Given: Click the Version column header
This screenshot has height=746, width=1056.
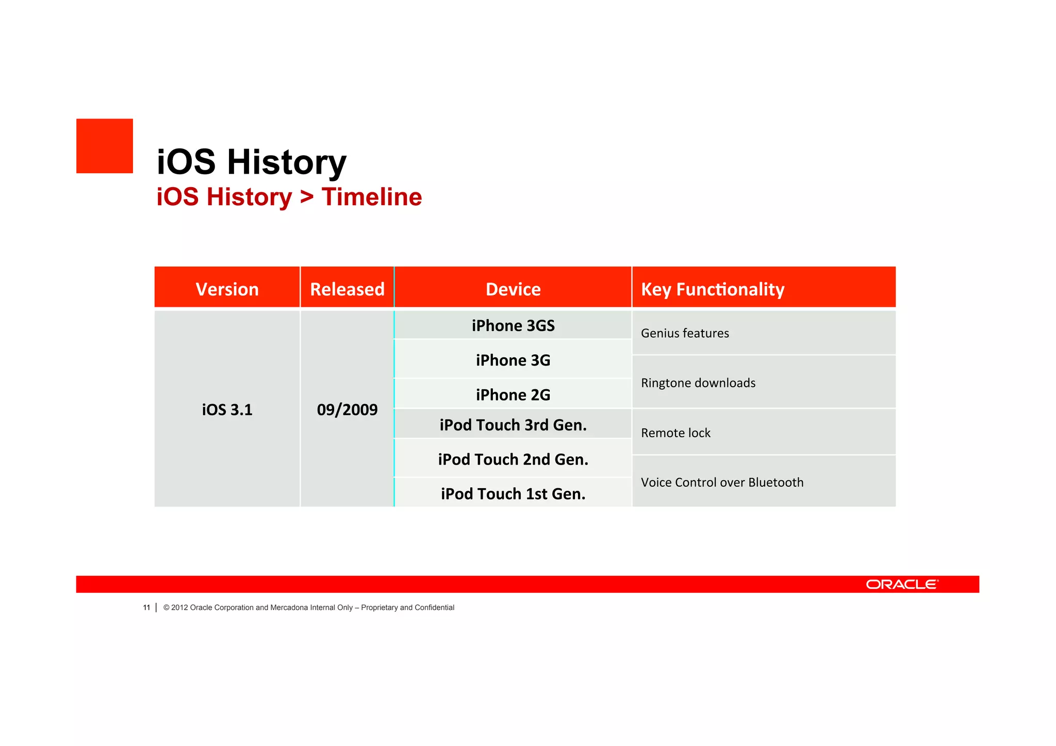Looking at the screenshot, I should (x=227, y=289).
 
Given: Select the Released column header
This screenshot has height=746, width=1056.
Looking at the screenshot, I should (x=347, y=289).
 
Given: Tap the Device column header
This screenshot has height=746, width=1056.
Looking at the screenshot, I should (x=513, y=289).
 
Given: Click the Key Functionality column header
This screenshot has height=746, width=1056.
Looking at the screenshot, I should (x=712, y=289).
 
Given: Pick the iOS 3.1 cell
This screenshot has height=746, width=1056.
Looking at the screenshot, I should (x=227, y=409).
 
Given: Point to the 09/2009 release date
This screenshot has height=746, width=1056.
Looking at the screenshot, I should (x=347, y=409).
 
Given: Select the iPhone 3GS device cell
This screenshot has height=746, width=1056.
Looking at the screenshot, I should (x=513, y=325).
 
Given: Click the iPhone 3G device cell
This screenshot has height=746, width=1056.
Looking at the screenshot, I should (x=513, y=360).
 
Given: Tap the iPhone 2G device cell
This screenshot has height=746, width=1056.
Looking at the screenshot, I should (x=513, y=394).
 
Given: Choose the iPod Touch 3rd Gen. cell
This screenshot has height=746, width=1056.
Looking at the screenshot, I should (x=513, y=425).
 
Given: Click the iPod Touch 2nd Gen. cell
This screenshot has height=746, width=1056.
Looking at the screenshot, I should (x=513, y=459).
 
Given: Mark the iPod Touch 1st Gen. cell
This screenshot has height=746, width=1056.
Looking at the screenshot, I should (x=513, y=493).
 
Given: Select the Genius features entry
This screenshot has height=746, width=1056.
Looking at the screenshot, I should (x=685, y=333).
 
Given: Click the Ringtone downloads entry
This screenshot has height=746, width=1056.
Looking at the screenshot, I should (x=698, y=383).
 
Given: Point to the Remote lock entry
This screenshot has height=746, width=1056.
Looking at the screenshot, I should (x=675, y=433).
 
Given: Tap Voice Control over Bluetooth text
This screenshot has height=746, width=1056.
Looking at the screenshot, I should (x=722, y=482).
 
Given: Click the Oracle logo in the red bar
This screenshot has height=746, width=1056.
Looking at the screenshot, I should (x=902, y=584).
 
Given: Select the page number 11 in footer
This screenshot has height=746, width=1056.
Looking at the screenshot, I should (x=146, y=607).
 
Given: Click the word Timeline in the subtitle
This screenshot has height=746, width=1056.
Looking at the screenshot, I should (x=371, y=197).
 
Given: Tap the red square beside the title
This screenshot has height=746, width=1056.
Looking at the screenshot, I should (x=105, y=146).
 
